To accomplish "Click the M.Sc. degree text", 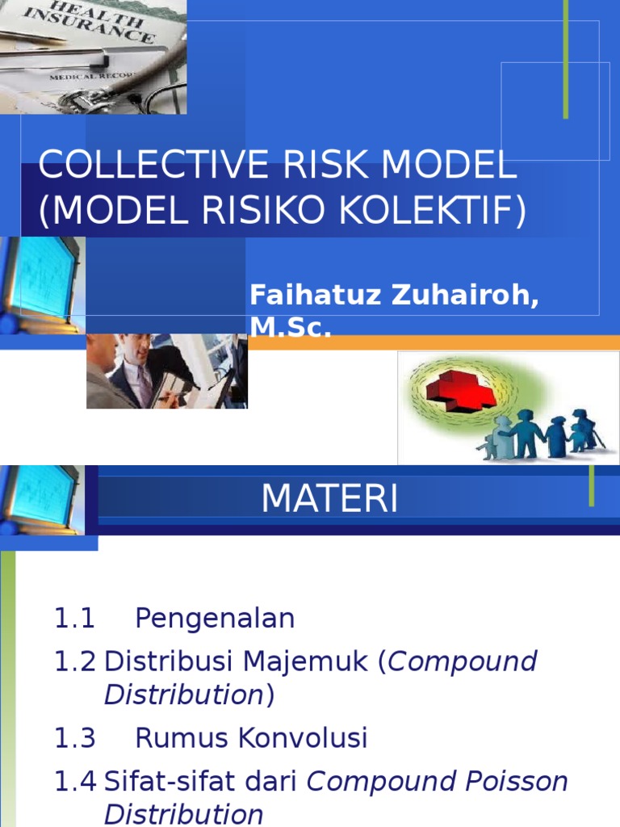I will point(290,325).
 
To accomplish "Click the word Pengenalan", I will point(215,619).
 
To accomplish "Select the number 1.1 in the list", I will point(74,619).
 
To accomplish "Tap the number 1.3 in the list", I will point(74,737).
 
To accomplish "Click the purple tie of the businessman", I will point(145,384).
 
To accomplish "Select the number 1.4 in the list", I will point(74,781).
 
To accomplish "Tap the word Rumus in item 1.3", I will point(179,737).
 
